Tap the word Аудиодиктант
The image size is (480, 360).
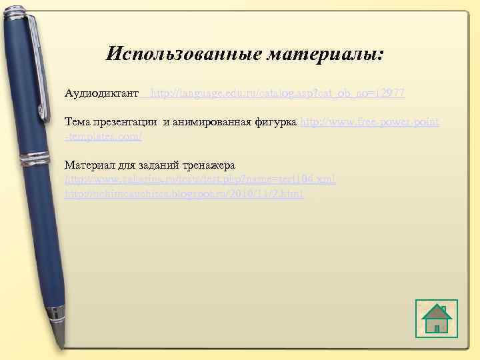(x=101, y=93)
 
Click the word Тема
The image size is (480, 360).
(x=77, y=123)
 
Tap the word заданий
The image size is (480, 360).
(x=159, y=165)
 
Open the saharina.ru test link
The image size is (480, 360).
(x=200, y=179)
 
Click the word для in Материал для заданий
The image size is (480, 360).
(x=130, y=165)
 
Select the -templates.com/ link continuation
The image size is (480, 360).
(x=103, y=136)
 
